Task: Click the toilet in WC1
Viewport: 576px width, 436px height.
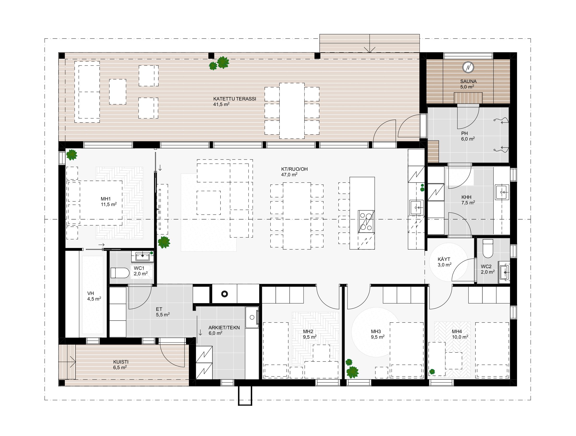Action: click(x=120, y=273)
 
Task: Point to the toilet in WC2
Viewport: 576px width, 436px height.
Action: click(x=488, y=248)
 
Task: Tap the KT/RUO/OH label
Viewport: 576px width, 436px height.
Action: click(x=294, y=169)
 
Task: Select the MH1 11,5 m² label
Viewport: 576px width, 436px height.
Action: click(x=108, y=202)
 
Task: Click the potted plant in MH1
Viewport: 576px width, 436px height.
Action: click(x=72, y=155)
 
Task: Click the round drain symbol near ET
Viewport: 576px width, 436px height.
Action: click(x=224, y=294)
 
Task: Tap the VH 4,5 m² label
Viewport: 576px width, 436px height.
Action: click(x=94, y=296)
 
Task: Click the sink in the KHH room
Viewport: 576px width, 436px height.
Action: click(x=502, y=192)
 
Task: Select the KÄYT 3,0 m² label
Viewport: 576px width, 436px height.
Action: click(x=444, y=262)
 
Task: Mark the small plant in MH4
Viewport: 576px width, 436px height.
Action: click(x=432, y=372)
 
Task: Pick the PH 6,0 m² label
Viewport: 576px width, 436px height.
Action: click(x=468, y=136)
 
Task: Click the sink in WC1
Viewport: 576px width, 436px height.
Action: click(x=142, y=256)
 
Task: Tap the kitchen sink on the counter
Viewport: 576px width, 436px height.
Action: click(x=416, y=207)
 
